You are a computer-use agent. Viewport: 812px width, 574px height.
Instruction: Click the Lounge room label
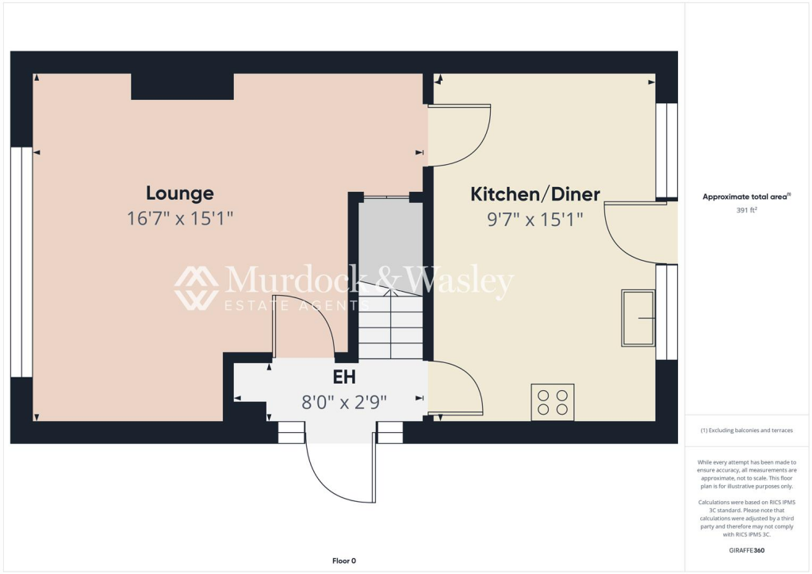(179, 193)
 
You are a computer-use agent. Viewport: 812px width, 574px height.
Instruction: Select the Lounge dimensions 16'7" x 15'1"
(179, 218)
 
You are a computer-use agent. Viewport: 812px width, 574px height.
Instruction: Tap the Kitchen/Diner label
(535, 194)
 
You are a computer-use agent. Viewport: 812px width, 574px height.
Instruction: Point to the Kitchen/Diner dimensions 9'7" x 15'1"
(535, 219)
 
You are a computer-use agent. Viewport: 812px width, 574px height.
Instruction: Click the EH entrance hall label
(343, 377)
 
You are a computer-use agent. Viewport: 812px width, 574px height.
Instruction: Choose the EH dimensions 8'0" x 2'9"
(343, 402)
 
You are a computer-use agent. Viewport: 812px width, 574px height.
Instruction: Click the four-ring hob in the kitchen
(553, 402)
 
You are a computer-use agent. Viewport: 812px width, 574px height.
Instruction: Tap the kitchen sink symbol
(639, 318)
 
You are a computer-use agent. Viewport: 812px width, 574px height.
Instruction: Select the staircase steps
(391, 325)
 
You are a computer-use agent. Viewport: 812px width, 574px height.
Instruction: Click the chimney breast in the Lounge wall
(182, 86)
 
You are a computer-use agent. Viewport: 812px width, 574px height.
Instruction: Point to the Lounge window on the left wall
(21, 262)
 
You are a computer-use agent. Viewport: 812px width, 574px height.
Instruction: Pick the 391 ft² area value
(747, 211)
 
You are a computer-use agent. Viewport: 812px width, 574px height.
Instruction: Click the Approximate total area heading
(747, 196)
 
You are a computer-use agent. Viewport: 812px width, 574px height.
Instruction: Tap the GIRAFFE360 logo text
(747, 549)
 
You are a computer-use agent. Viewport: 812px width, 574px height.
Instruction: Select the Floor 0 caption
(343, 561)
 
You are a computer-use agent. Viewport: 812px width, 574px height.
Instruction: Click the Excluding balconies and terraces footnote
(747, 430)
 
